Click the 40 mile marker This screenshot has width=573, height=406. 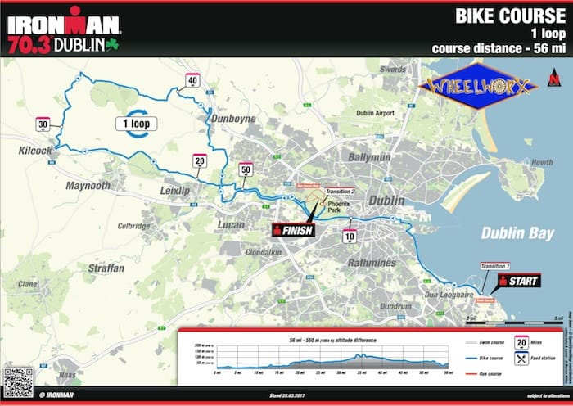pyautogui.click(x=193, y=80)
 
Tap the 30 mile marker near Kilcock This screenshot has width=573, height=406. pyautogui.click(x=43, y=124)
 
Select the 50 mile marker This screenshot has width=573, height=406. pyautogui.click(x=246, y=170)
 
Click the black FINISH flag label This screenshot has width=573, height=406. pyautogui.click(x=294, y=230)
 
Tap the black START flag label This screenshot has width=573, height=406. pyautogui.click(x=518, y=281)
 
